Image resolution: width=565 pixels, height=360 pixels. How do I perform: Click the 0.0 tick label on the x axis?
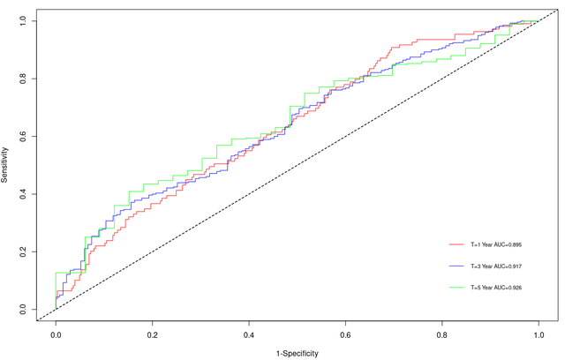coord(56,336)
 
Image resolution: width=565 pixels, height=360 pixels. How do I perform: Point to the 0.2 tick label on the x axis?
coord(152,336)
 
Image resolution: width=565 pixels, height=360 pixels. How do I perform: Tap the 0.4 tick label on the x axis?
coord(249,336)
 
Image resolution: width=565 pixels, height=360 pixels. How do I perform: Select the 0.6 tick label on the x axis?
coord(345,336)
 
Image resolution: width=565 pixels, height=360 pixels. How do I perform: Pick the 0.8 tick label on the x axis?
coord(442,336)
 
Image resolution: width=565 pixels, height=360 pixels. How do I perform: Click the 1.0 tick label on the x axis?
coord(539,336)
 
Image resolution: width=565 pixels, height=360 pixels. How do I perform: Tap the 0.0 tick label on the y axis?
coord(21,309)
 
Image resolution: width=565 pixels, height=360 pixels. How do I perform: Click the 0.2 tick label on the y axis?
coord(21,251)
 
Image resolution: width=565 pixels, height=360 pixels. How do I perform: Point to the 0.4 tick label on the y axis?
coord(21,193)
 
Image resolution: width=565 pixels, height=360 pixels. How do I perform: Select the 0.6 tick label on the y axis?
coord(21,136)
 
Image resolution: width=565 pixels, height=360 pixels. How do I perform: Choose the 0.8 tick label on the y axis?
coord(21,78)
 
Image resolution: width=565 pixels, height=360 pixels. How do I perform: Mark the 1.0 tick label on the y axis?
coord(21,20)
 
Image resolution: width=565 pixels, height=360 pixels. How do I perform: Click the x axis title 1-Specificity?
coord(297,353)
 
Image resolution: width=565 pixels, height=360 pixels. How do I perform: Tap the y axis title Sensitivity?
coord(5,165)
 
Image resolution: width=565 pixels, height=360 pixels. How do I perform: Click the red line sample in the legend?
coord(456,243)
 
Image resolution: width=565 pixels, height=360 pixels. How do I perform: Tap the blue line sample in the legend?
coord(456,265)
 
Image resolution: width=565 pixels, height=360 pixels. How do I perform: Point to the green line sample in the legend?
coord(456,288)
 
